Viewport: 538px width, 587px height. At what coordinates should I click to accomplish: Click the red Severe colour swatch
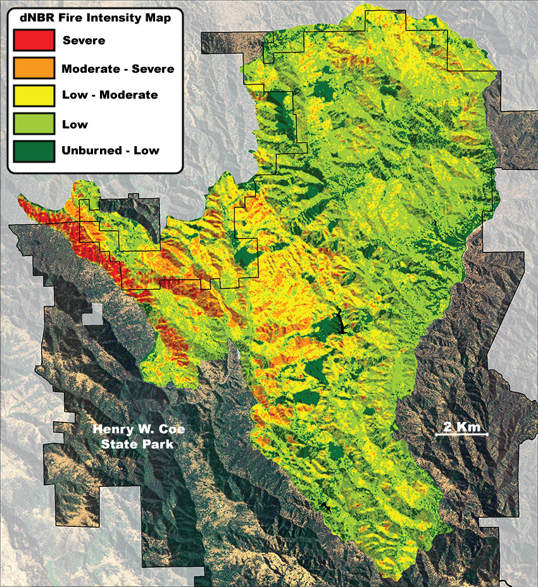33,40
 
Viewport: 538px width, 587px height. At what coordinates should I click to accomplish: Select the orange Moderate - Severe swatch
33,68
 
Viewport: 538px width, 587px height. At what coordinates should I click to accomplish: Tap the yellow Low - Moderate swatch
33,96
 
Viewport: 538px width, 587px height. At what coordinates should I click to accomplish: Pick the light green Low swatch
33,123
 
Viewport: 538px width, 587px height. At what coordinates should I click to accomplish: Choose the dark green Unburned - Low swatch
33,151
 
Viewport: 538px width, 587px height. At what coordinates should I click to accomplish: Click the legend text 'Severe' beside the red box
84,41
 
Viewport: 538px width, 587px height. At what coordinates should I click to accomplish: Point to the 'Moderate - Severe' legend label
118,68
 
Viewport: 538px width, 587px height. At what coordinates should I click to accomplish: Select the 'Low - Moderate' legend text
109,96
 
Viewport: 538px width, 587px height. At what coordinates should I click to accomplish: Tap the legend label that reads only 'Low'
75,124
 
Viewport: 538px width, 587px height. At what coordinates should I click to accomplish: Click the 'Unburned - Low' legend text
110,151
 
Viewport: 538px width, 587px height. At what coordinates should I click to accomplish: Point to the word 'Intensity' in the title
111,18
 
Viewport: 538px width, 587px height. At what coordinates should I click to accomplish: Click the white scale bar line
461,435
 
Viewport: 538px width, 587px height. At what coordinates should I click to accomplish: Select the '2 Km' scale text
460,426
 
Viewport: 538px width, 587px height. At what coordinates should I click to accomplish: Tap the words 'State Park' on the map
137,444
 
